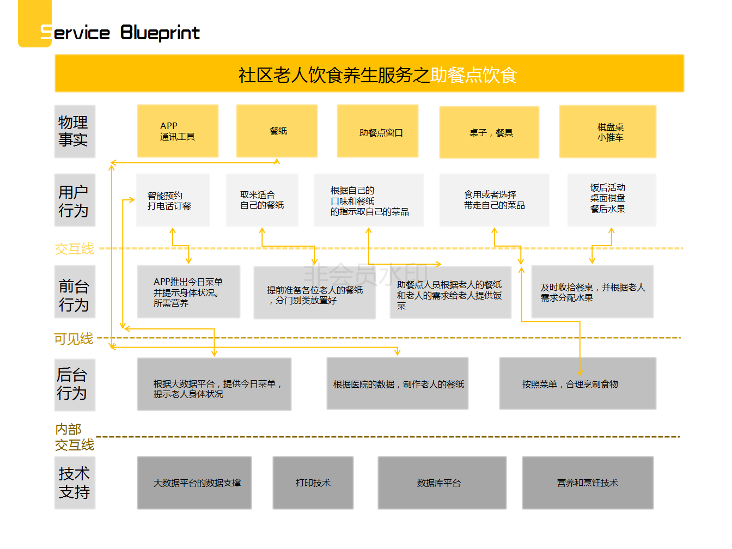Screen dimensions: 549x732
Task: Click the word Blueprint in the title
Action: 160,33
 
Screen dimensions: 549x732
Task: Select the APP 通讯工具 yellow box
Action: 178,131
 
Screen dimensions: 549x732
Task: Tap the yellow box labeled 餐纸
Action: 277,131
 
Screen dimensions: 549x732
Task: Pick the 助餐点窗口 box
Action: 378,132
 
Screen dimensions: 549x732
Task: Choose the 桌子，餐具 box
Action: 489,132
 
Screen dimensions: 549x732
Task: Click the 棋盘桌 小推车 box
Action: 608,132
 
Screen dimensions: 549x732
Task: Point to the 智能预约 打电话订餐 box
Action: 173,200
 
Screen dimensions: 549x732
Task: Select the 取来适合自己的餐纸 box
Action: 262,200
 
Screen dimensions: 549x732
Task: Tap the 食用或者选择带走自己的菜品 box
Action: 494,200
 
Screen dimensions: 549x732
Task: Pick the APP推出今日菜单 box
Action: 188,292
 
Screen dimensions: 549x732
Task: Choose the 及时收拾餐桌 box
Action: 592,292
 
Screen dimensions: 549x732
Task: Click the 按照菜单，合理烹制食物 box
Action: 577,384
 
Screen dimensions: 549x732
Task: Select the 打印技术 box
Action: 313,483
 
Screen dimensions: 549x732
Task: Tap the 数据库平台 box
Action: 442,483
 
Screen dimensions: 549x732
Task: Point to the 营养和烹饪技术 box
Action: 588,483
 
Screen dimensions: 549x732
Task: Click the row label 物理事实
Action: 74,131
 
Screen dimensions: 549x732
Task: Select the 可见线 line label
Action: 74,339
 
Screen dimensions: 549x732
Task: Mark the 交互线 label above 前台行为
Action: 75,249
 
